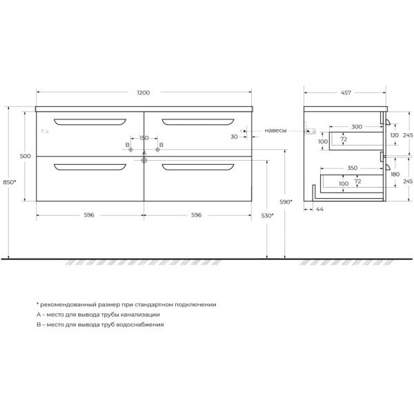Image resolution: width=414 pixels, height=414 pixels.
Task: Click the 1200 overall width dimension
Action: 143,92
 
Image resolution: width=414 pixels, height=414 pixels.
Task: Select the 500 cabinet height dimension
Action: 26,157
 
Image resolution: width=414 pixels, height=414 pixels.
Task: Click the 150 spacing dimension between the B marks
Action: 144,138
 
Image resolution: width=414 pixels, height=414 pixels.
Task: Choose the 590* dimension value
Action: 286,201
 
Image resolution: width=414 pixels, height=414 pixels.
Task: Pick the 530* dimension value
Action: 268,215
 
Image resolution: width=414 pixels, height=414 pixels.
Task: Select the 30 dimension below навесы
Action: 235,137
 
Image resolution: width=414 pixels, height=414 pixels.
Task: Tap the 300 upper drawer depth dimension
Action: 356,127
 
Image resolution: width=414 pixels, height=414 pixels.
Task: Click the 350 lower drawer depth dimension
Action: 353,168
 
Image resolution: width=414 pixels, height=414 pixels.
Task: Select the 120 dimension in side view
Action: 394,136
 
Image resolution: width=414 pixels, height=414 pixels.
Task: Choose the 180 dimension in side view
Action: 394,174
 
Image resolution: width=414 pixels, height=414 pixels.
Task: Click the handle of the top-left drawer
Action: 90,123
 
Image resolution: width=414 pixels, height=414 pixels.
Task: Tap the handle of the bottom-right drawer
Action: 197,166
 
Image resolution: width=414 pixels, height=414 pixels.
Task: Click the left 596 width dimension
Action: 89,215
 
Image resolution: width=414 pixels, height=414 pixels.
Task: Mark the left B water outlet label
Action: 128,145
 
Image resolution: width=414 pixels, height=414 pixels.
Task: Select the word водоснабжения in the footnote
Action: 139,324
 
